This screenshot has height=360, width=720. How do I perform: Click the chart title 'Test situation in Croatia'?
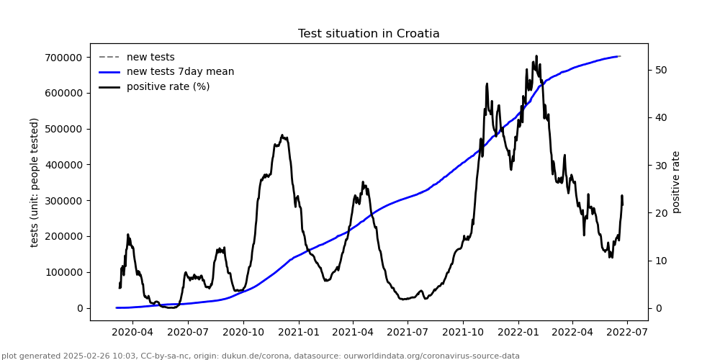coord(369,34)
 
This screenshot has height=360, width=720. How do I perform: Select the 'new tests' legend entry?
coord(150,57)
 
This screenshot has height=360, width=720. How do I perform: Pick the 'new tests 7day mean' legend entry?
coord(180,72)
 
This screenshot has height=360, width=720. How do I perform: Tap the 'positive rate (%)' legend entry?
coord(168,86)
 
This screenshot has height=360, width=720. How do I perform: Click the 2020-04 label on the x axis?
coord(133,333)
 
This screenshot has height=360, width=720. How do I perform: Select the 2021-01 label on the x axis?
coord(298,333)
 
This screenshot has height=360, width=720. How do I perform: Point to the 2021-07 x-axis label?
coord(408,333)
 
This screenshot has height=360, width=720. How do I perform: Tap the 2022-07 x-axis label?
coord(627,333)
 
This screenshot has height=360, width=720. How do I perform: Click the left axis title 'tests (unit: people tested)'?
coord(35,182)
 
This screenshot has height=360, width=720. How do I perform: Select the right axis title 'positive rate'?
coord(676,182)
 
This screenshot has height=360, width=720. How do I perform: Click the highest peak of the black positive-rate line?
coord(536,56)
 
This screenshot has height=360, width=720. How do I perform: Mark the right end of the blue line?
coord(618,56)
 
